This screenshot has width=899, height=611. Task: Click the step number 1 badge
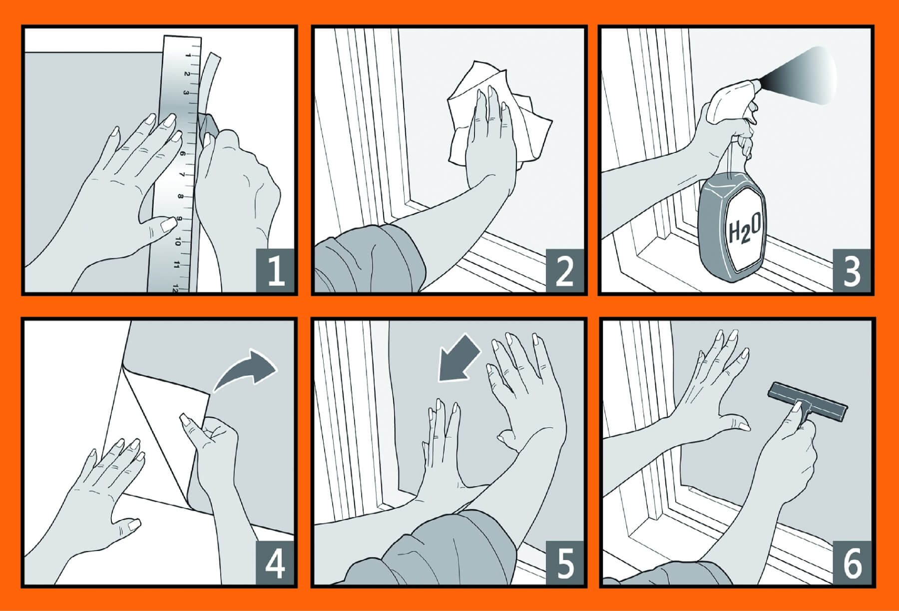click(x=276, y=269)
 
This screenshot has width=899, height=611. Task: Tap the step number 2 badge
click(x=565, y=269)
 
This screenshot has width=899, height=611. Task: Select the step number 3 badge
click(x=852, y=269)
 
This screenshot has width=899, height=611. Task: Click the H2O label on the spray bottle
click(x=745, y=231)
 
